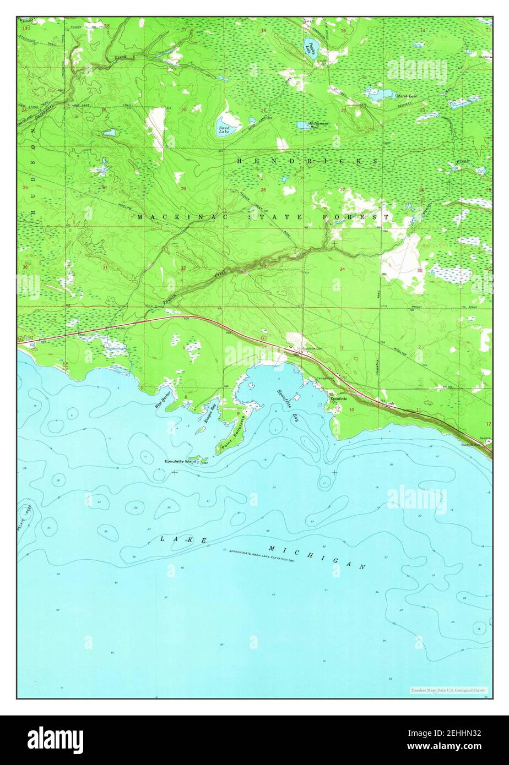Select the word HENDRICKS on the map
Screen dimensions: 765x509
tap(307, 161)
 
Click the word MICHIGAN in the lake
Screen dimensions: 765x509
tap(316, 557)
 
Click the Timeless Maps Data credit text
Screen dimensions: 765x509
tap(448, 690)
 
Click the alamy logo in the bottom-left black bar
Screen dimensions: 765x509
tap(56, 740)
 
